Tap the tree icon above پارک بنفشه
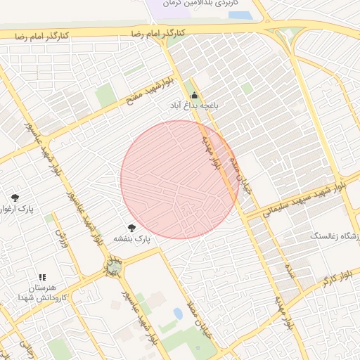click(x=131, y=227)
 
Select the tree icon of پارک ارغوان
click(x=15, y=198)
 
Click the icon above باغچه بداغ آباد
click(x=194, y=95)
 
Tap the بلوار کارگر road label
click(x=337, y=279)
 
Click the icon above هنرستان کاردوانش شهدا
click(x=42, y=278)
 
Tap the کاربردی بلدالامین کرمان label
click(x=191, y=4)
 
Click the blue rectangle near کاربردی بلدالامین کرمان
click(x=240, y=14)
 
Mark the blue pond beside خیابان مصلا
click(x=178, y=314)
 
